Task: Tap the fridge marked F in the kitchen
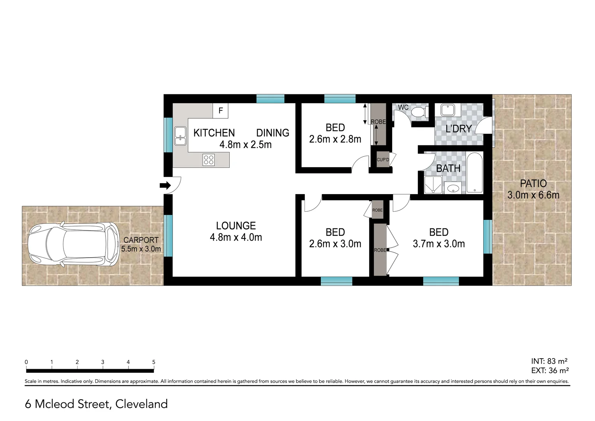tap(220, 111)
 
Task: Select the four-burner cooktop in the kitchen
tap(208, 160)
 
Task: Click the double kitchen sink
tap(180, 136)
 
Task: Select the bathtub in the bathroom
tap(474, 173)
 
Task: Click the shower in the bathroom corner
tap(433, 185)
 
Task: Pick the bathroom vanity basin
tap(453, 188)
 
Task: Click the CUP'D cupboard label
tap(383, 160)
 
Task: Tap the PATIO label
tap(533, 184)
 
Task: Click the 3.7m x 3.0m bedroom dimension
tap(438, 244)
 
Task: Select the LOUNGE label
tap(236, 226)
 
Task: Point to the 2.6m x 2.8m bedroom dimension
tap(335, 139)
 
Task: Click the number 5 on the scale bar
tap(153, 362)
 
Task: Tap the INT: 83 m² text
tap(549, 361)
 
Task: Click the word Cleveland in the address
tap(141, 404)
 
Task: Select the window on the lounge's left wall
tap(168, 235)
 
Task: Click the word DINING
tap(273, 133)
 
